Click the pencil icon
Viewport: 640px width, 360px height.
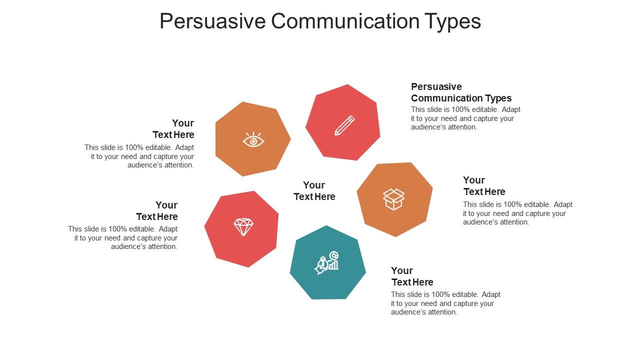click(344, 125)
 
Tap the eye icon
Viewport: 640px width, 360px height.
click(253, 139)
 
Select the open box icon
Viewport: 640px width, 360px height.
click(393, 199)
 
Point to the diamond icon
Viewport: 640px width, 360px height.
click(243, 227)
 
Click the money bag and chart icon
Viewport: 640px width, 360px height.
click(327, 263)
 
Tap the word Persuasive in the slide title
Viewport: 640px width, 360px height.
click(212, 21)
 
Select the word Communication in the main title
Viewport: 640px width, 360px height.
click(345, 21)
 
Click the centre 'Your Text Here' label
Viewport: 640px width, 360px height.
click(314, 191)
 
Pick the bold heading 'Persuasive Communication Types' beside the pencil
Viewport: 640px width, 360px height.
click(461, 92)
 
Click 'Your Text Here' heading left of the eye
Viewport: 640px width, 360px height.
click(173, 129)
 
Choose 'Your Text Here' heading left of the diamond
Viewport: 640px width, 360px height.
click(157, 211)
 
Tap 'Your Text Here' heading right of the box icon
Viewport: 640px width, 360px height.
click(484, 186)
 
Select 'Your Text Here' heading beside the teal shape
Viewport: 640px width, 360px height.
click(412, 276)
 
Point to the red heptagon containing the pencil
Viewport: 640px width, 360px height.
click(343, 123)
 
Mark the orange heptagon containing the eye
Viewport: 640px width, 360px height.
click(253, 139)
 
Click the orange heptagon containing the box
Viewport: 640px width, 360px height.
click(395, 199)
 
